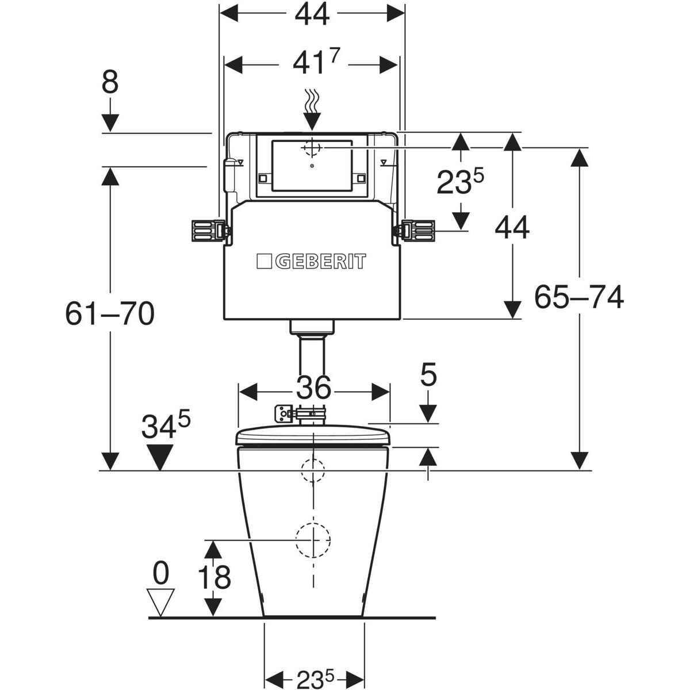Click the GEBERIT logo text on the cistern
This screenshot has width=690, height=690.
(320, 262)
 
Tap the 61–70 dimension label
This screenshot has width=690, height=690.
(109, 314)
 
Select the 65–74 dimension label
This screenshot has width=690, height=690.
(578, 297)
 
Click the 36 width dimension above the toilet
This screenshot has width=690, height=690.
(313, 388)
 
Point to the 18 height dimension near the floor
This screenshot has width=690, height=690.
(214, 577)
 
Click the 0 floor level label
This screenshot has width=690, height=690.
(161, 573)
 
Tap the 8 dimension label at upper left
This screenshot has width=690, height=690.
(110, 83)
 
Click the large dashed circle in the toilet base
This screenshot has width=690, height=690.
(313, 540)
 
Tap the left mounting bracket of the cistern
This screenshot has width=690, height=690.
(207, 231)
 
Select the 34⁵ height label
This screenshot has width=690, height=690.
(166, 426)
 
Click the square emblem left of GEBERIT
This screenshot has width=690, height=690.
(264, 262)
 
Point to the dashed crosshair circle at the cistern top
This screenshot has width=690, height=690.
(311, 148)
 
